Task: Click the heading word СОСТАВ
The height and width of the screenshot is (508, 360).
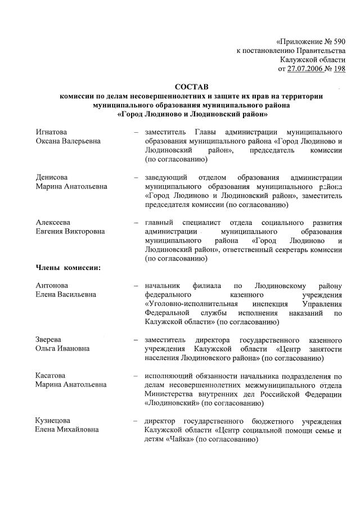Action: click(x=191, y=87)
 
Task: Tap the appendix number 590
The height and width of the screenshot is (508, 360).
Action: click(x=337, y=42)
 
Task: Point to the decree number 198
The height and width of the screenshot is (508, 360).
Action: click(x=339, y=69)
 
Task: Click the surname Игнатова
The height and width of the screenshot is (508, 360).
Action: click(x=51, y=131)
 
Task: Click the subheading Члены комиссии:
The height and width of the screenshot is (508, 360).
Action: click(x=67, y=267)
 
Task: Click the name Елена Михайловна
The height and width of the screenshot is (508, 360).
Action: click(x=66, y=430)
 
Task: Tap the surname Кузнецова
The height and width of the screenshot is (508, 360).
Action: click(x=52, y=421)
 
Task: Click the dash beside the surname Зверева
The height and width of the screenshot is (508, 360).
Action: click(x=136, y=340)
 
